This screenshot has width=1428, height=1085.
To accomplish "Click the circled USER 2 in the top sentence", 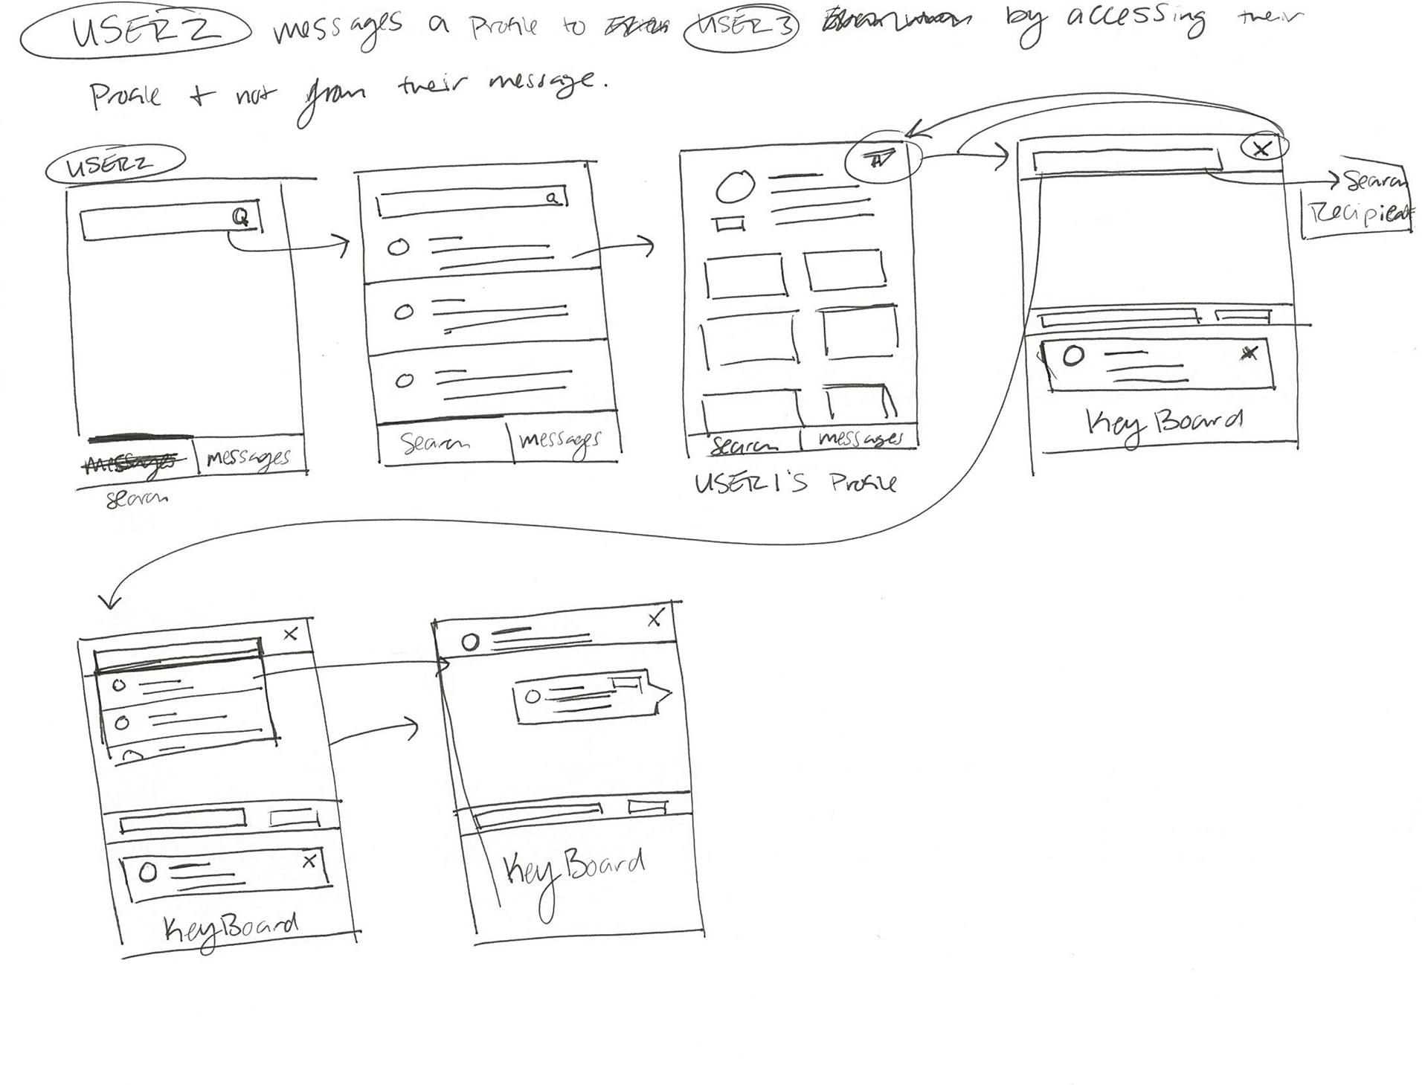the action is point(135,33).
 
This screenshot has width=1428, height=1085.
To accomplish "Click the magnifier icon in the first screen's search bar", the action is point(241,217).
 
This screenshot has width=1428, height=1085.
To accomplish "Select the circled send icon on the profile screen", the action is point(881,158).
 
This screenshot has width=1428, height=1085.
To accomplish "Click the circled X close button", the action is point(1261,149).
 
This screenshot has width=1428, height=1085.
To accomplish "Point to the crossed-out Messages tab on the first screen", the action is point(133,463).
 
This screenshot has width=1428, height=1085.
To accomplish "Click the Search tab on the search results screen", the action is point(435,444).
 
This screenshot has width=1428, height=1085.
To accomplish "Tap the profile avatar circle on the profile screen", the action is point(735,187).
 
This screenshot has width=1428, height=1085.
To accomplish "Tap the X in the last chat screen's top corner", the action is point(655,618).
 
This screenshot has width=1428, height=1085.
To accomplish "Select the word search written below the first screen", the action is point(137,498).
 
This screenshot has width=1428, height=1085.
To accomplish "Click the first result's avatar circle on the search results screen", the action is point(399,248).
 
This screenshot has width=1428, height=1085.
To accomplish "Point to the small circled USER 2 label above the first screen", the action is point(114,164).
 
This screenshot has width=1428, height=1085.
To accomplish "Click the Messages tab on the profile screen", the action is point(861,439).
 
